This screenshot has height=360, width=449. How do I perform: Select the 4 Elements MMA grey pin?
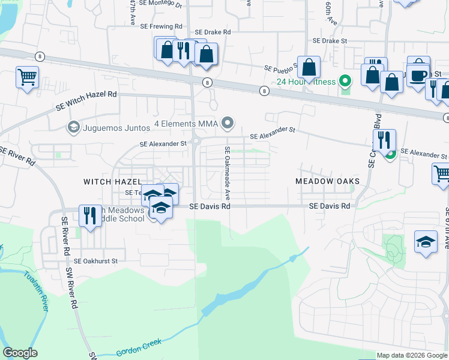pos(227,124)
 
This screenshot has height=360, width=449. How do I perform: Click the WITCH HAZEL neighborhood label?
pos(112,181)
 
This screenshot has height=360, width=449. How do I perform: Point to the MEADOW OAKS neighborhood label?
pos(327,181)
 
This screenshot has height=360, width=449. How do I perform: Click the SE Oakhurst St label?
pos(96,262)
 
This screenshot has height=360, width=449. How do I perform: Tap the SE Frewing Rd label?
pos(161,27)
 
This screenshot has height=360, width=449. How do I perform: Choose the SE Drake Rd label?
pos(212,32)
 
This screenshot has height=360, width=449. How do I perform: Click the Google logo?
pos(20,353)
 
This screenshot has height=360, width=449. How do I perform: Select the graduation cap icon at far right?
pos(426,242)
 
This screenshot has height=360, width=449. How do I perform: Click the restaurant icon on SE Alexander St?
pos(384,140)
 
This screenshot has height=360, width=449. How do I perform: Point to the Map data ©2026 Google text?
pos(411,355)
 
